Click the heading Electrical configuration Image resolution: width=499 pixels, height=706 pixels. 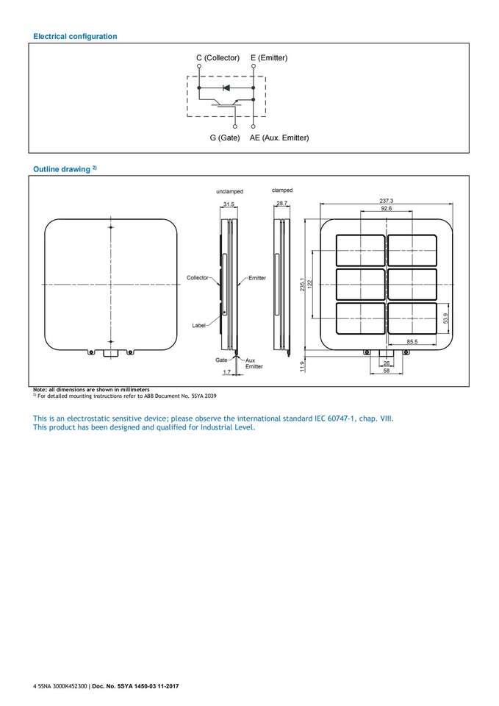coord(75,36)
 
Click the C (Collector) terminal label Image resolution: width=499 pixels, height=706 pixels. coord(218,57)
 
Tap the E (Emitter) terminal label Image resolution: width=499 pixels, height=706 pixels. coord(269,57)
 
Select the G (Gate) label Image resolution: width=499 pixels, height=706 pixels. coord(224,138)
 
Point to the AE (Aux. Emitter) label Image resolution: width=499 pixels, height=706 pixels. coord(279,138)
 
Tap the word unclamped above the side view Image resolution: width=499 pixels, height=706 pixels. coord(229,191)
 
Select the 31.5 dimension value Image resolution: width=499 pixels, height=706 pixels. coord(229,204)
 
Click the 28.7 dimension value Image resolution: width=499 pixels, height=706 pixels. coord(281,203)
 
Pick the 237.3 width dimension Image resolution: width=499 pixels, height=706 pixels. coord(387,201)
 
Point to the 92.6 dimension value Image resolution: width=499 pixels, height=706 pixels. coord(387,209)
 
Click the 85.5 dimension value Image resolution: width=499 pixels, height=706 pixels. coord(413,342)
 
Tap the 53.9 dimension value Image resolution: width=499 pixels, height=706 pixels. coord(445,317)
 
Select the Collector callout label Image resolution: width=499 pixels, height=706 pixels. coord(197,277)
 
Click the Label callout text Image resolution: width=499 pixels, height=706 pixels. coord(198,324)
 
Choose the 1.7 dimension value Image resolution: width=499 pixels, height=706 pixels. coord(226,373)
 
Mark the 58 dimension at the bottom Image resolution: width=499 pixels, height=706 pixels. coord(387,371)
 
